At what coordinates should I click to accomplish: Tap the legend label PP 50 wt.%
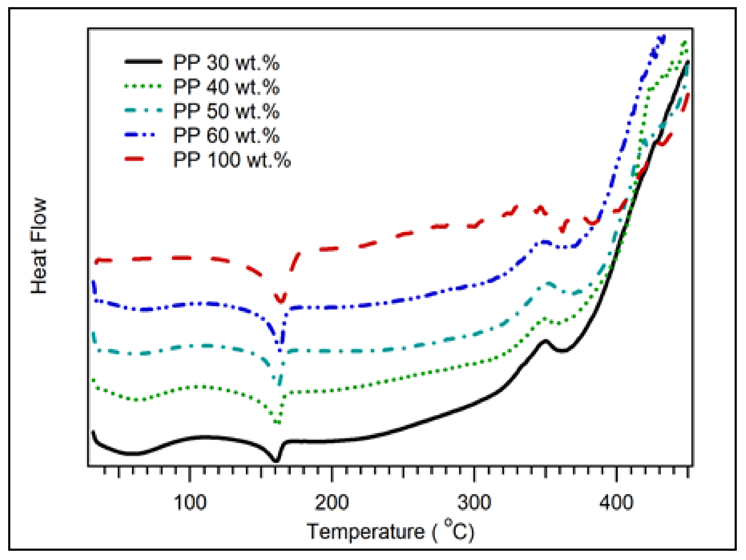pos(226,111)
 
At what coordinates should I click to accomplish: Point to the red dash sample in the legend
pos(134,158)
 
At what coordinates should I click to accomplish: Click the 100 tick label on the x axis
pos(190,502)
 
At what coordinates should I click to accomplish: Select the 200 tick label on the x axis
pos(332,502)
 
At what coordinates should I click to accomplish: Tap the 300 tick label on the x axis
pos(474,502)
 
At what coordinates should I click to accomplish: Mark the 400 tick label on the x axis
pos(616,502)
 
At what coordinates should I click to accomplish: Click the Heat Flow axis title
pos(38,246)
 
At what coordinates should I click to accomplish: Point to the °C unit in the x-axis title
pos(457,530)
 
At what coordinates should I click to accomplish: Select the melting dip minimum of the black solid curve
pos(276,461)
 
